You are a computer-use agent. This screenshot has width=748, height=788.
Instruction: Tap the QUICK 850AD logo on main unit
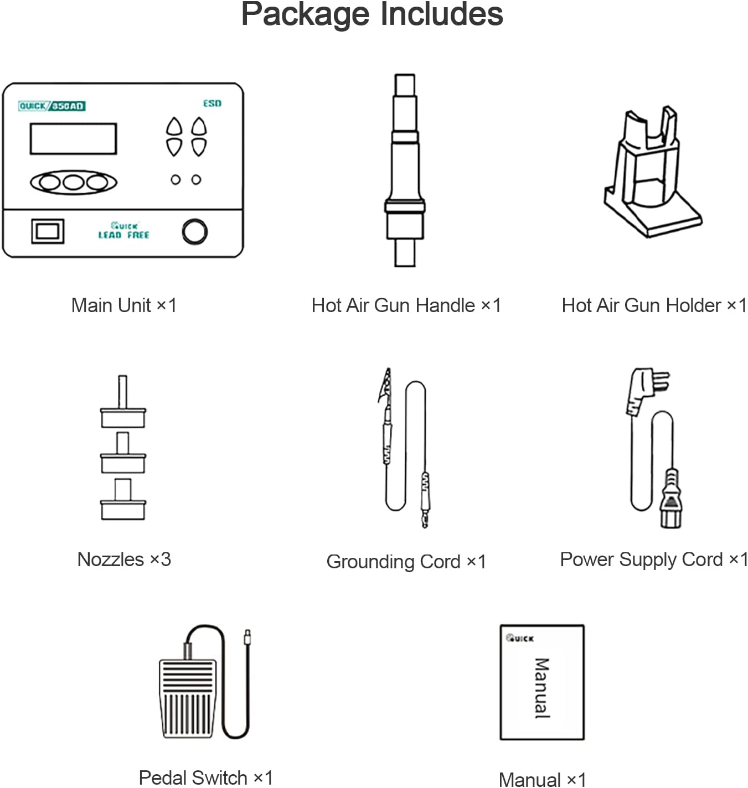click(x=51, y=106)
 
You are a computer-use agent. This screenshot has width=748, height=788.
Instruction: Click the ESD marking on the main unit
click(x=212, y=103)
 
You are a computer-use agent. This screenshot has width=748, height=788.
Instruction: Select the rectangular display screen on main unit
click(x=74, y=139)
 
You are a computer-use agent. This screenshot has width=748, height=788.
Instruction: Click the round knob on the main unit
click(x=194, y=231)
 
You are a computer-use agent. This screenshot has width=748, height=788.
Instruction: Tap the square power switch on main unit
click(x=48, y=231)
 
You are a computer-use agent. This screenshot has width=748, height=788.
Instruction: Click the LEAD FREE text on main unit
click(x=123, y=235)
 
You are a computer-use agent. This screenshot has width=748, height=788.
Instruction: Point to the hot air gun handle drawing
click(x=405, y=170)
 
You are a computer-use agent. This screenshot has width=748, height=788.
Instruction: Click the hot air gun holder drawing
click(x=653, y=172)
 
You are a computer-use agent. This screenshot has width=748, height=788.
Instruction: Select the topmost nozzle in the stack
click(x=123, y=402)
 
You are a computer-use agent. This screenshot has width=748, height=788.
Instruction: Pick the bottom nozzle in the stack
click(x=123, y=499)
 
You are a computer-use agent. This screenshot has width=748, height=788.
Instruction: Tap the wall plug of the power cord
click(x=645, y=391)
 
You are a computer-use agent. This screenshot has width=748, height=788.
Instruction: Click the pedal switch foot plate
click(x=187, y=698)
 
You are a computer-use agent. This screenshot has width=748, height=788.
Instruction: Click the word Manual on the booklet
click(x=542, y=688)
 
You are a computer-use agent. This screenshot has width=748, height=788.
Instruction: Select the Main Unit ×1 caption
click(x=124, y=305)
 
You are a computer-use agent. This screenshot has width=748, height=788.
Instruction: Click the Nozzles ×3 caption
click(x=124, y=559)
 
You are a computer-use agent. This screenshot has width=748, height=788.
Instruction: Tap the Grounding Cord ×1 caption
click(x=406, y=562)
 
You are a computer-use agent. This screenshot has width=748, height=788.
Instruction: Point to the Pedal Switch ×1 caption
click(x=206, y=778)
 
